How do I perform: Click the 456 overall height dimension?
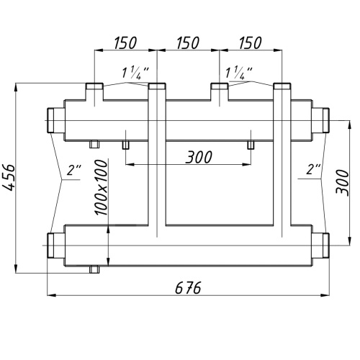(x=9, y=178)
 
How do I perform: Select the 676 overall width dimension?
(x=188, y=287)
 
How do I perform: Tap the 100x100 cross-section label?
(x=101, y=188)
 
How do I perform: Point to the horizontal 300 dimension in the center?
(x=199, y=157)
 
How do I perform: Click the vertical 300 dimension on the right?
(x=342, y=182)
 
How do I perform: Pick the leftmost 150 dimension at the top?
(x=125, y=43)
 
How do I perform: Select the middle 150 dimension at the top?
(x=188, y=43)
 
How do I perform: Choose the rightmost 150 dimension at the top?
(x=251, y=43)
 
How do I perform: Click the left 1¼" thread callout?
(x=135, y=73)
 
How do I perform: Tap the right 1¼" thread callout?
(x=239, y=73)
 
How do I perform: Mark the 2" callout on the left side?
(x=74, y=169)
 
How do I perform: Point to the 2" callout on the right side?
(x=313, y=169)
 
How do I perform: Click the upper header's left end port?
(x=55, y=120)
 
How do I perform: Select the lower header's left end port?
(x=55, y=246)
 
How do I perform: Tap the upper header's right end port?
(x=320, y=120)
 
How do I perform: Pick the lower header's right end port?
(x=320, y=246)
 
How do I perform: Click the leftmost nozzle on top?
(x=94, y=91)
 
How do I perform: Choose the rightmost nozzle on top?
(x=282, y=91)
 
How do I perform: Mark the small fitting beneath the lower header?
(x=94, y=270)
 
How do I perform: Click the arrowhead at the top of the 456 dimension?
(x=16, y=87)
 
